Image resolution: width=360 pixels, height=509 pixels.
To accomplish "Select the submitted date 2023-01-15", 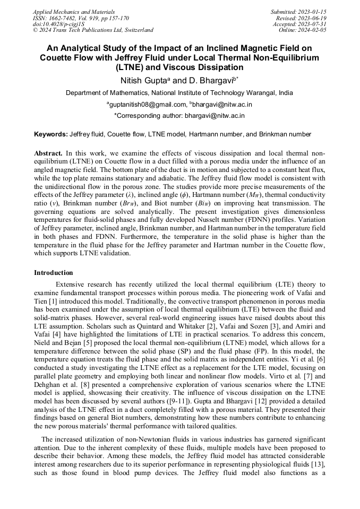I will click(312, 11).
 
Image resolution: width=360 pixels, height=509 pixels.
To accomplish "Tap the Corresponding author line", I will click(179, 115).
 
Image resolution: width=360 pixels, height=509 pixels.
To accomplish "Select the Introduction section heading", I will click(54, 272).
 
